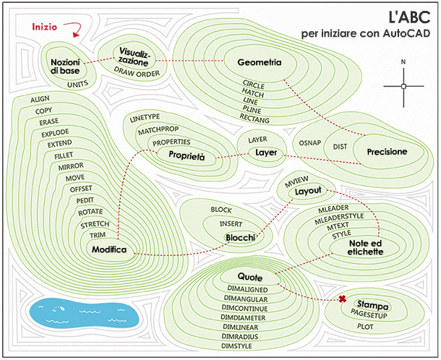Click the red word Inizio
44,27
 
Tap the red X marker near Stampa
342,299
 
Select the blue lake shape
84,312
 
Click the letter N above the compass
403,62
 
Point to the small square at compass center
403,86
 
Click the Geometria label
260,62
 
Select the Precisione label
387,152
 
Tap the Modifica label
109,249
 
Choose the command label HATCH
253,93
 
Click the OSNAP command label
309,143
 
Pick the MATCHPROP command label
158,130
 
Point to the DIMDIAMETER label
243,317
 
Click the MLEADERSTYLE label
339,218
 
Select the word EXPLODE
55,133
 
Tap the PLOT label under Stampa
365,327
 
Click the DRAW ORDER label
137,72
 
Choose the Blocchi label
241,238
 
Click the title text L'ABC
409,17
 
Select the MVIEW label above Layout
296,181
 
